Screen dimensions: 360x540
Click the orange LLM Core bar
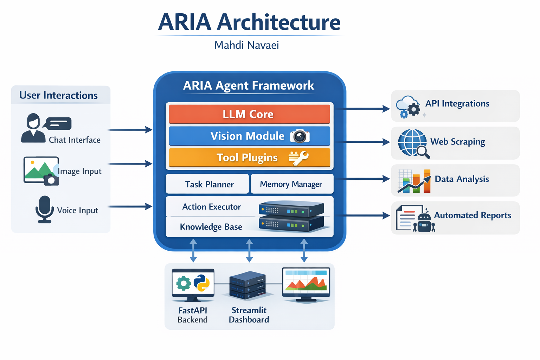point(249,114)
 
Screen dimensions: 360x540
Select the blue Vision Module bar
point(249,136)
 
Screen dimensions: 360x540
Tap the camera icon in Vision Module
point(300,136)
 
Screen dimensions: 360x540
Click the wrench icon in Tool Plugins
point(299,158)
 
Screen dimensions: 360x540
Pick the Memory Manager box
point(291,184)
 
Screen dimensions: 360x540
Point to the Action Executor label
point(211,207)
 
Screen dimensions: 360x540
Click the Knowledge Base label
point(211,227)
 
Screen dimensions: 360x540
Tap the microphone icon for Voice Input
point(45,209)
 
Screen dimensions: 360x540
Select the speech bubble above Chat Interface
point(58,123)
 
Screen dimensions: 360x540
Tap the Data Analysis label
point(462,179)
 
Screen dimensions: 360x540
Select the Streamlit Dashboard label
point(249,315)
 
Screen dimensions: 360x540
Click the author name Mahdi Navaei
point(246,45)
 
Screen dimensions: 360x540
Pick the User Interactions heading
point(58,95)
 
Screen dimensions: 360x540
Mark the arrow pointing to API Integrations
point(362,109)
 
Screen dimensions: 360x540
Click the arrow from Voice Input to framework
point(130,206)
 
